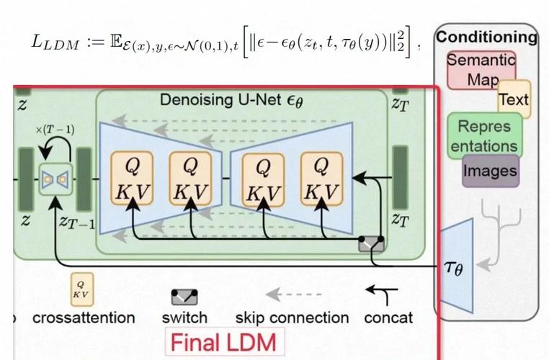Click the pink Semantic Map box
coord(481,69)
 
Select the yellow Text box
coord(514,99)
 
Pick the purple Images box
coord(490,171)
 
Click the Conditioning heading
coord(487,37)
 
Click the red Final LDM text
coord(223,341)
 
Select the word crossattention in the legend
coord(84,318)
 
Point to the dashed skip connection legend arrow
coord(293,294)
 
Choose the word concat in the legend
coord(389,318)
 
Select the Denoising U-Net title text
coord(233,101)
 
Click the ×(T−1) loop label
coord(54,130)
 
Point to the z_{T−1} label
coord(76,222)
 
